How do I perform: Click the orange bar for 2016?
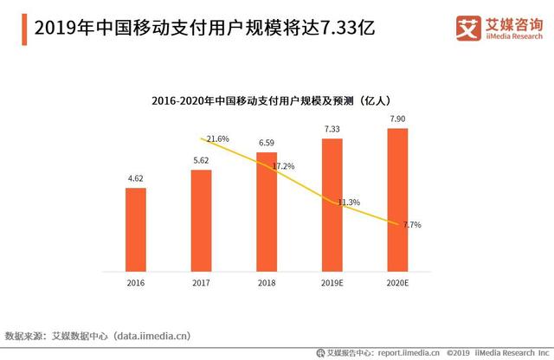[x=136, y=228]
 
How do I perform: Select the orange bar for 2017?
[x=201, y=220]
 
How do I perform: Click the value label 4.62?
[x=136, y=179]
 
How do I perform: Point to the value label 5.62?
[x=201, y=161]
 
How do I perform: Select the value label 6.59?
[x=267, y=143]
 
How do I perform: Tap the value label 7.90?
[x=397, y=119]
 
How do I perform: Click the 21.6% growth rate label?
[x=218, y=138]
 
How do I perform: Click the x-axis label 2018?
[x=267, y=282]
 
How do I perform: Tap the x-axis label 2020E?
[x=397, y=282]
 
